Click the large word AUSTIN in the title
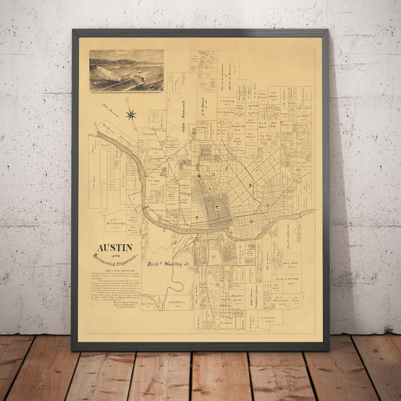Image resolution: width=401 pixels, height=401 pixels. [115, 247]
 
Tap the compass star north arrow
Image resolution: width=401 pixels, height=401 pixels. [131, 115]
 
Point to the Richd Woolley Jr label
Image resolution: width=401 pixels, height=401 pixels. [165, 264]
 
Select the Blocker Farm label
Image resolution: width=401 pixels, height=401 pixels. [237, 298]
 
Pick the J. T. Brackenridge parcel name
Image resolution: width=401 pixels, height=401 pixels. [115, 222]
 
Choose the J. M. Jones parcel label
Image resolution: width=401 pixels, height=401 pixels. [267, 318]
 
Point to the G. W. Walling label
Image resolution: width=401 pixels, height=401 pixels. [227, 101]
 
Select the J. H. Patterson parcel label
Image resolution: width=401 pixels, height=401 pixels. [225, 112]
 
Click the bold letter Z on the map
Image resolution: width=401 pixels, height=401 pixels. [197, 218]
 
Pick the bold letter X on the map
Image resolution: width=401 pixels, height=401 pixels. [214, 173]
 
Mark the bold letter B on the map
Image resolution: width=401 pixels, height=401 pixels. [251, 185]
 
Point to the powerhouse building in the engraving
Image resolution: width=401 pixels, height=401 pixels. [138, 78]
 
